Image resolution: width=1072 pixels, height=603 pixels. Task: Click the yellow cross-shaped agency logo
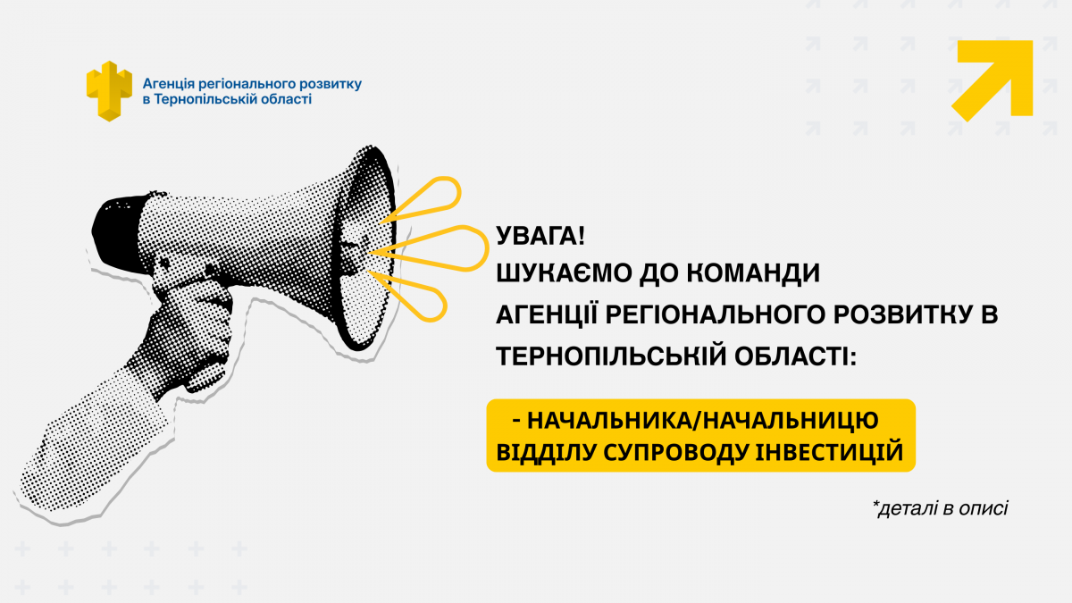(x=109, y=91)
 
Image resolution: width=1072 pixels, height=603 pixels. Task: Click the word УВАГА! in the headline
(x=540, y=236)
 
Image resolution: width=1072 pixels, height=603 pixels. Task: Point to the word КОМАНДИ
(x=753, y=273)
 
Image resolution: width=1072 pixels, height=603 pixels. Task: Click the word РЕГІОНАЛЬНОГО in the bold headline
(x=716, y=314)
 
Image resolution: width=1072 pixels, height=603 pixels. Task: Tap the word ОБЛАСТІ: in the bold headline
(x=795, y=356)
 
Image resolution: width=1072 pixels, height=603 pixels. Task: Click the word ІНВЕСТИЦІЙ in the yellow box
(x=829, y=452)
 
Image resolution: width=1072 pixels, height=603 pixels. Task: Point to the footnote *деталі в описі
(x=941, y=507)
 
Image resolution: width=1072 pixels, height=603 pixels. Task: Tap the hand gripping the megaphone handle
(x=191, y=331)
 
